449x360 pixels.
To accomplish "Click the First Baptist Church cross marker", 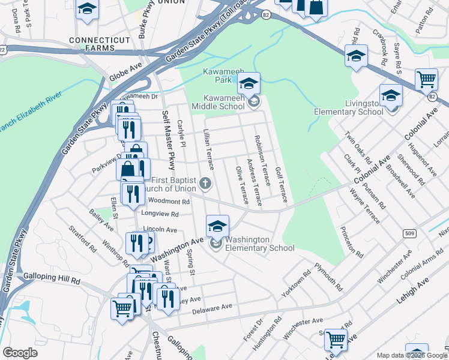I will [x=205, y=183].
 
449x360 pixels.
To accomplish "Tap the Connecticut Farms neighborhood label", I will [x=82, y=44].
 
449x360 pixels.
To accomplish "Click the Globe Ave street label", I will [x=125, y=72].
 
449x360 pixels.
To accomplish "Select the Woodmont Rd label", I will [x=169, y=202].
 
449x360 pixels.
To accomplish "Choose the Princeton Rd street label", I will [x=351, y=242].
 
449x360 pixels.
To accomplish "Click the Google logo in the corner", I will [x=20, y=353].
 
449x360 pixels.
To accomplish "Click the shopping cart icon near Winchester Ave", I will [x=336, y=340].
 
